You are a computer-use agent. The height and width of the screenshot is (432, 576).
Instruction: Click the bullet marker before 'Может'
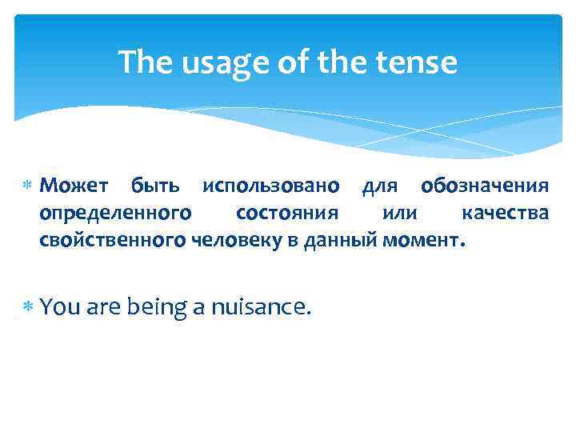point(28,186)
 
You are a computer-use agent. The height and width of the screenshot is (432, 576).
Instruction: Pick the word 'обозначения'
point(485,186)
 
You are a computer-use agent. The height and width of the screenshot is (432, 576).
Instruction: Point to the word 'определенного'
point(115,213)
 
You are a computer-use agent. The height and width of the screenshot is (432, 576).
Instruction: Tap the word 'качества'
point(505,213)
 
